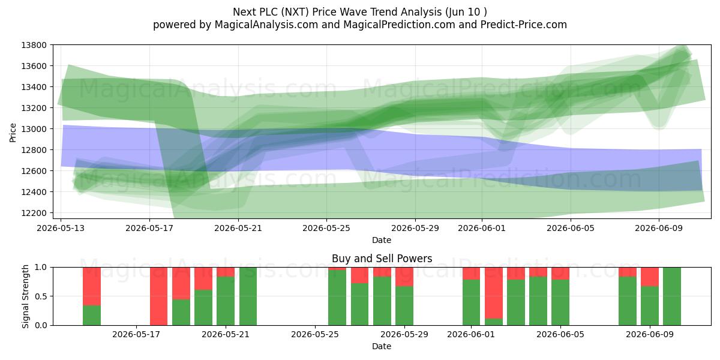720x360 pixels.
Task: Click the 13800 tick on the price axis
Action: pyautogui.click(x=34, y=45)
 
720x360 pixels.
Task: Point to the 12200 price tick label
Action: pyautogui.click(x=34, y=213)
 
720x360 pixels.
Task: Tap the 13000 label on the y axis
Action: pyautogui.click(x=34, y=129)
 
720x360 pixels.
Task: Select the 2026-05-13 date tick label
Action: pyautogui.click(x=61, y=228)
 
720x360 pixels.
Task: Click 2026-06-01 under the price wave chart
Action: pyautogui.click(x=482, y=228)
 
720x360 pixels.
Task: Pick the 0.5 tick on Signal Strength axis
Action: pyautogui.click(x=41, y=296)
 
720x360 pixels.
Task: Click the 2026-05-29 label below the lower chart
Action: pyautogui.click(x=404, y=335)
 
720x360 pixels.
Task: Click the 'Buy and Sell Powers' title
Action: pyautogui.click(x=382, y=259)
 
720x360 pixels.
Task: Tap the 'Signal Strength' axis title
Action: pyautogui.click(x=25, y=296)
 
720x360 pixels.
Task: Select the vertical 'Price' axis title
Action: pyautogui.click(x=13, y=133)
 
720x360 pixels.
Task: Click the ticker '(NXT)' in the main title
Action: pyautogui.click(x=295, y=12)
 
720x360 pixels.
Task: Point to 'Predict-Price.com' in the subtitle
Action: pyautogui.click(x=524, y=25)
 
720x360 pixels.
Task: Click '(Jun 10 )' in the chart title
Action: pyautogui.click(x=466, y=12)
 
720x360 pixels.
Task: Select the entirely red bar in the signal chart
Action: pyautogui.click(x=159, y=296)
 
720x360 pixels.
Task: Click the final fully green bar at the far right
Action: pyautogui.click(x=672, y=296)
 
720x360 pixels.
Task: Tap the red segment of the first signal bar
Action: pyautogui.click(x=92, y=286)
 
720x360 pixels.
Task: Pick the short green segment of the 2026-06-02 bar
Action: pyautogui.click(x=494, y=322)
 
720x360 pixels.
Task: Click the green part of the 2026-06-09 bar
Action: pyautogui.click(x=650, y=305)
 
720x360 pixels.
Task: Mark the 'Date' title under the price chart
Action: pyautogui.click(x=382, y=240)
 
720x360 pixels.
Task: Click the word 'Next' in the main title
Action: pyautogui.click(x=242, y=12)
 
